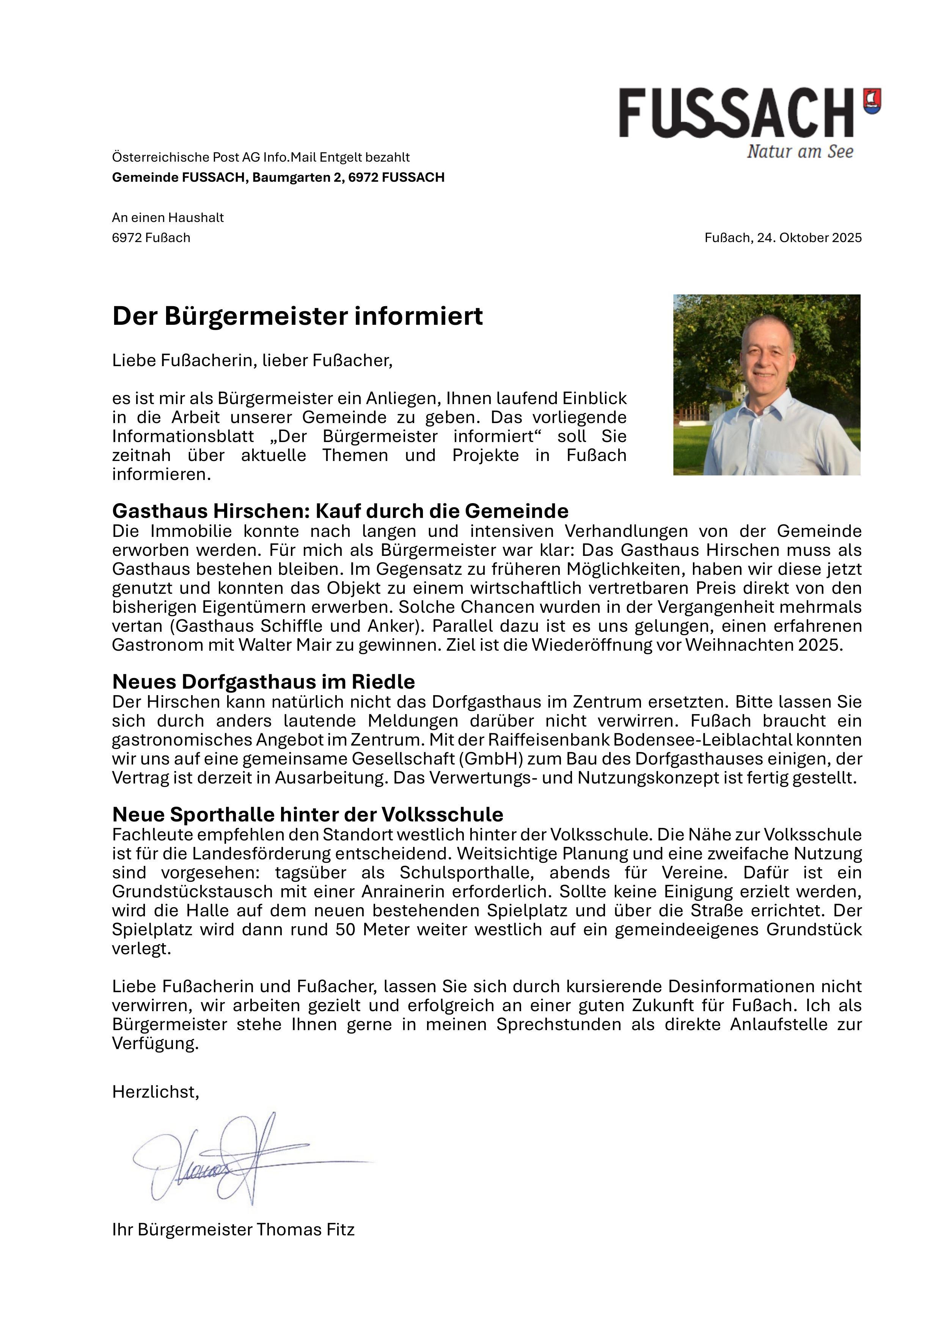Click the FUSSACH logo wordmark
click(736, 113)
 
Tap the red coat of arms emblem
click(872, 101)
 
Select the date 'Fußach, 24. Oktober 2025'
click(783, 238)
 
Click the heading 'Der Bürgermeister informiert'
click(297, 316)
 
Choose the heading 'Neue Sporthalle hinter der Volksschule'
click(308, 815)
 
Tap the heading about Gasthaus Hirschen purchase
click(340, 511)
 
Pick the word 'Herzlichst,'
click(155, 1092)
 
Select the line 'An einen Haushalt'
click(168, 218)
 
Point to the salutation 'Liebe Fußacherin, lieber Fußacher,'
click(252, 360)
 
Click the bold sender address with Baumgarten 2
click(278, 178)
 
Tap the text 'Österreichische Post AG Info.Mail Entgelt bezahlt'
click(261, 157)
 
